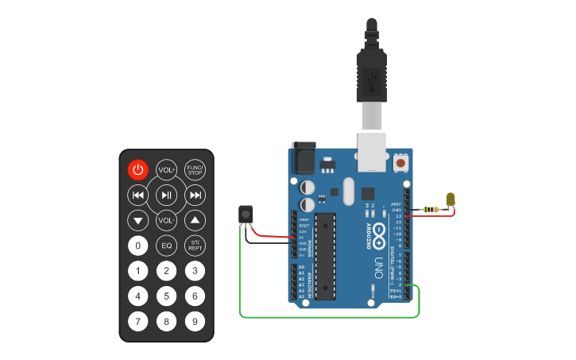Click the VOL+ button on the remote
coord(166,169)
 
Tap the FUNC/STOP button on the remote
coord(195,169)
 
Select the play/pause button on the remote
coord(166,195)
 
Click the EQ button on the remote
coord(166,246)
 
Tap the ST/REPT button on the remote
coord(195,246)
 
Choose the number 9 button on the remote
coord(195,322)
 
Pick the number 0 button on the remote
coord(138,246)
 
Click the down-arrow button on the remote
coord(138,220)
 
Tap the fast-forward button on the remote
coord(195,195)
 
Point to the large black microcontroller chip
coord(326,255)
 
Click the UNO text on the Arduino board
coord(379,263)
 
